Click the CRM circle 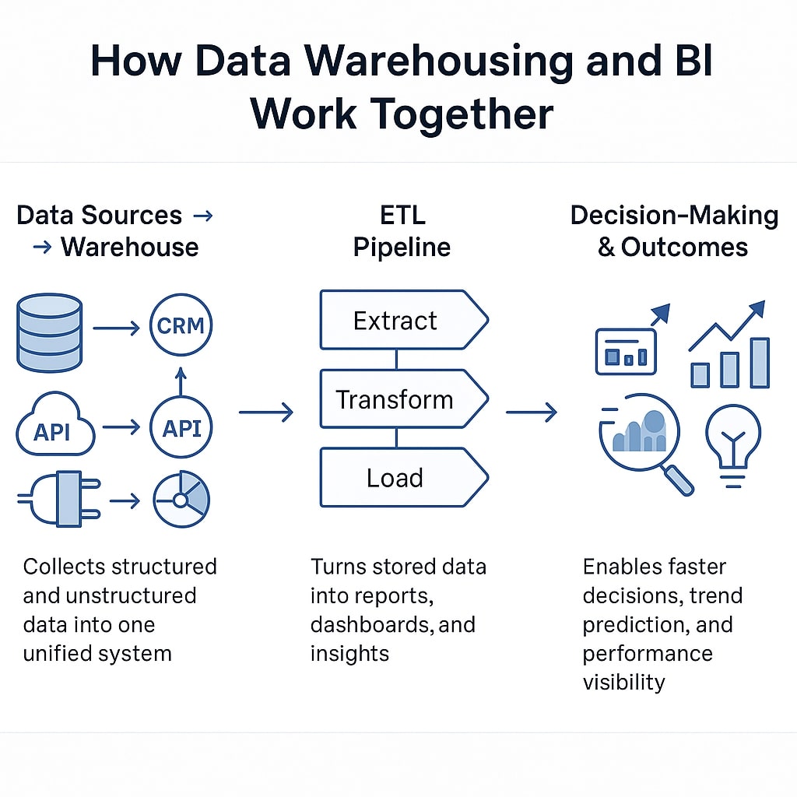pyautogui.click(x=181, y=325)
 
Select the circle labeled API pyautogui.click(x=181, y=427)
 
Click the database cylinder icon pyautogui.click(x=48, y=332)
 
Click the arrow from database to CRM pyautogui.click(x=116, y=328)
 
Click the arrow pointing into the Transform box pyautogui.click(x=266, y=412)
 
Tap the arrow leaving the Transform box pyautogui.click(x=532, y=412)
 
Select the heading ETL pyautogui.click(x=402, y=215)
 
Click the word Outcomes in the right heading pyautogui.click(x=684, y=248)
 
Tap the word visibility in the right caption pyautogui.click(x=623, y=683)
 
